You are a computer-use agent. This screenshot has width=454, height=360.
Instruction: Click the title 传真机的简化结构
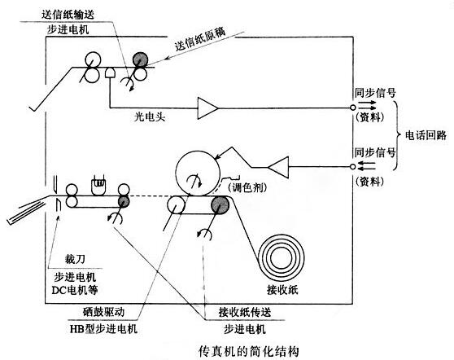click(x=248, y=351)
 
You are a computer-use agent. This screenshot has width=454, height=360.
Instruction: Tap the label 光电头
click(x=150, y=116)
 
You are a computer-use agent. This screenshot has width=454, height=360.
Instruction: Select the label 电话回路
click(x=426, y=135)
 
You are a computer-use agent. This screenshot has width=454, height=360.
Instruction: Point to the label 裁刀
click(x=75, y=259)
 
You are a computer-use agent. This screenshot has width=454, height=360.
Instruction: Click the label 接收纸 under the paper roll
click(x=282, y=290)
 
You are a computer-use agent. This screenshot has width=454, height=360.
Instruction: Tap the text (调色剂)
click(x=247, y=188)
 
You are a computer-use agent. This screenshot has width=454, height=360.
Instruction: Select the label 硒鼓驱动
click(x=103, y=312)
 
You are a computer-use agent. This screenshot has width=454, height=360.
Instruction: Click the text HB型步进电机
click(x=103, y=329)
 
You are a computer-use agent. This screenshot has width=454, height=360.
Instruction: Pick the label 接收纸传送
click(x=245, y=312)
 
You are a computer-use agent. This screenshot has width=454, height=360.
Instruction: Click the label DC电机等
click(x=75, y=290)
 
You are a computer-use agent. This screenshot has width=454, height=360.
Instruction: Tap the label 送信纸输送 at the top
click(x=68, y=14)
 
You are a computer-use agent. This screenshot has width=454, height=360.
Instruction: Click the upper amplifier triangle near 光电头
click(x=207, y=108)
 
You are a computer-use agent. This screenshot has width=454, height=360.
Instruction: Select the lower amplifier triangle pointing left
click(x=278, y=167)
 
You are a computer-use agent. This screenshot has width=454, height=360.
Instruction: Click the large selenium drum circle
click(x=197, y=173)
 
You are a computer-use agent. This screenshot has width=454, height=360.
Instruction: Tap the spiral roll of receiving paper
click(x=281, y=257)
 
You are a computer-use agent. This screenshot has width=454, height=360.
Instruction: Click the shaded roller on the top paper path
click(x=141, y=59)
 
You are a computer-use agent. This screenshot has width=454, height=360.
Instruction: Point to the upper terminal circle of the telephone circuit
click(x=352, y=108)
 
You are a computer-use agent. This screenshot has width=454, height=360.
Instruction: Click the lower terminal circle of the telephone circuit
click(x=352, y=167)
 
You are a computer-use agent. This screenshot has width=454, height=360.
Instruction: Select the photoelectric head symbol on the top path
click(x=110, y=72)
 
